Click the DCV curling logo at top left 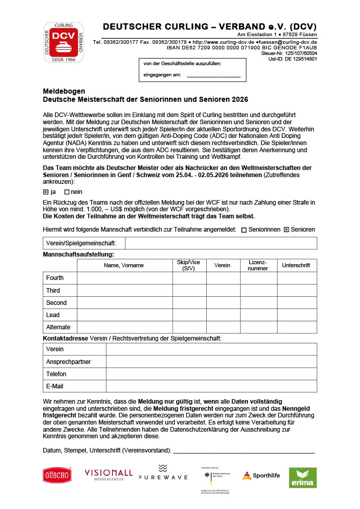pos(64,42)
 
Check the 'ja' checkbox pos(46,192)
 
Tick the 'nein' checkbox pos(67,192)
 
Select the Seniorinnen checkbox pos(244,230)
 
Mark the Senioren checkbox pos(286,230)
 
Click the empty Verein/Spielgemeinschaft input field pos(220,243)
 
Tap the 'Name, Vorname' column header pos(124,265)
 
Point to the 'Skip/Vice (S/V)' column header pos(188,265)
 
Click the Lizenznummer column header pos(258,265)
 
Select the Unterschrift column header pos(296,265)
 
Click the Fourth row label pos(55,278)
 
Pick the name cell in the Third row pos(124,290)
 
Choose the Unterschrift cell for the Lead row pos(296,315)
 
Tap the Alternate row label pos(58,327)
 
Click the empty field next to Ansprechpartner pos(211,361)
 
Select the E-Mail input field pos(211,386)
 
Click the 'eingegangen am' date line pos(213,75)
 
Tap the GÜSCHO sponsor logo pos(57,475)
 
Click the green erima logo pos(302,477)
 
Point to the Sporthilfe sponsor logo pos(261,475)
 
